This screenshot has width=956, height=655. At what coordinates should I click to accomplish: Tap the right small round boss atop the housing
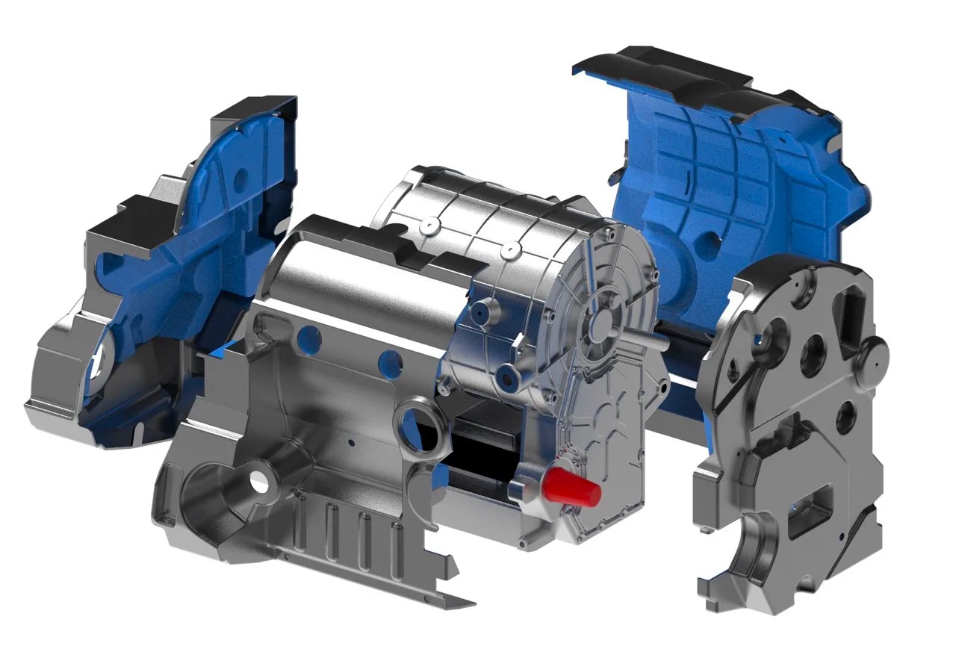(511, 247)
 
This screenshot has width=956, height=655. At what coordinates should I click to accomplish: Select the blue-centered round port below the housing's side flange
(511, 379)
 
